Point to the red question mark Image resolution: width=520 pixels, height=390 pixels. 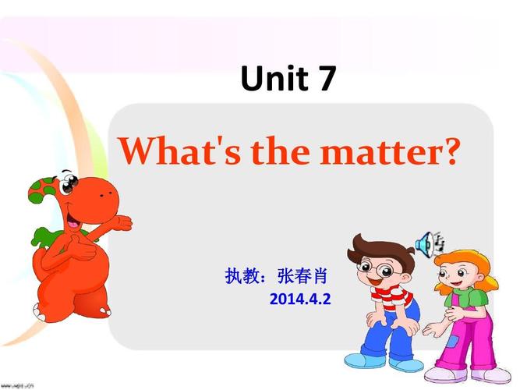click(446, 151)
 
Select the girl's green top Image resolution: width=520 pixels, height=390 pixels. click(468, 300)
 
